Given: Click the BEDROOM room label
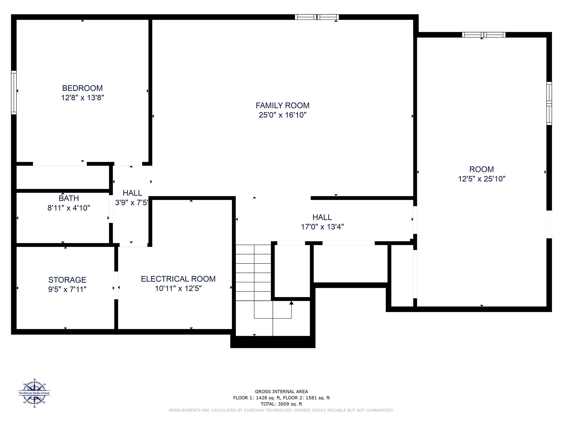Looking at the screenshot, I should (82, 88).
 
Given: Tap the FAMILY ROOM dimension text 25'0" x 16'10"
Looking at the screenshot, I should (282, 115).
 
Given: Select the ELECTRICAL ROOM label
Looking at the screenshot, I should (178, 279).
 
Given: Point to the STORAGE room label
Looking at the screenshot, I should (67, 280).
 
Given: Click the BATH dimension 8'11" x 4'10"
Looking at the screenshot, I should (69, 208).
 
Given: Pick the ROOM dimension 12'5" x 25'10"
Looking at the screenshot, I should (482, 179).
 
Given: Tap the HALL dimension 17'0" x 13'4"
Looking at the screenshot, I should (322, 227).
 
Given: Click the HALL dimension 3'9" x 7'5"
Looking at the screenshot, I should (132, 203).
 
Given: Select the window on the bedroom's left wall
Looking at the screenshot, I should (14, 92).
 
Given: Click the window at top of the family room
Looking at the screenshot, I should (317, 17).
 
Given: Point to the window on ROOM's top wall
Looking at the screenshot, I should (484, 35).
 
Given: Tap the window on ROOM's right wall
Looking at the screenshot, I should (549, 103).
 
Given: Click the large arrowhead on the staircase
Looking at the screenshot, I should (291, 303).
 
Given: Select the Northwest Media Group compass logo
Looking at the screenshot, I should (34, 393).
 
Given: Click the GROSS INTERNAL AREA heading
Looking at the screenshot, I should (281, 392).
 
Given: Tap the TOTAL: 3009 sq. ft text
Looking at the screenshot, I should (281, 404).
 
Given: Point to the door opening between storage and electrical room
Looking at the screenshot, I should (116, 285).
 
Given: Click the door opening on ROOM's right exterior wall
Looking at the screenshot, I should (549, 224).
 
